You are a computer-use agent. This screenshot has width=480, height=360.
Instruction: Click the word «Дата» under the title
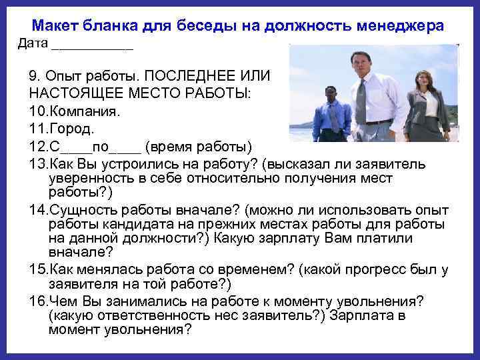point(32,44)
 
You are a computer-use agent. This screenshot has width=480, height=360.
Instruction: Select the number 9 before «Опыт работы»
point(34,75)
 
